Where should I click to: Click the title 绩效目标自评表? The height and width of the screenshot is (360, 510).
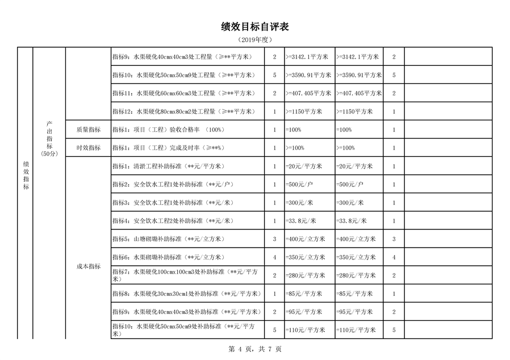click(x=255, y=27)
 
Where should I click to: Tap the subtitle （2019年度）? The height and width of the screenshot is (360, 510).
click(x=255, y=40)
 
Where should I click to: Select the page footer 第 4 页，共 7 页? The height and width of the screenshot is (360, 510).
click(x=255, y=349)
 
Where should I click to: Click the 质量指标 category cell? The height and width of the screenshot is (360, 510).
click(x=88, y=129)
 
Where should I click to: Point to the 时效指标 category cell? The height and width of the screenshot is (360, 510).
click(x=88, y=148)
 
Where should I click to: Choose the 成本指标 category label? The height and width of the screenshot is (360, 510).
click(x=88, y=266)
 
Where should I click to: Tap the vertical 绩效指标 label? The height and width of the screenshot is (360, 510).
click(x=26, y=175)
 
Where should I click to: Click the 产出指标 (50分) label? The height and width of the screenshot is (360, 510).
click(x=49, y=138)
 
